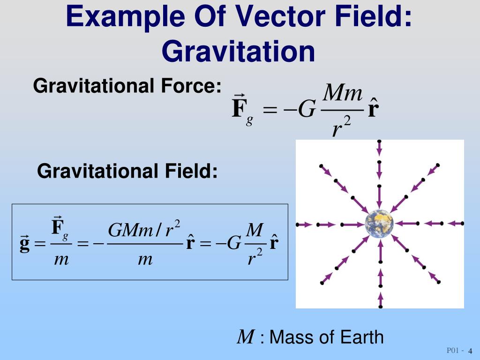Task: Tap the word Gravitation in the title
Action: [x=239, y=51]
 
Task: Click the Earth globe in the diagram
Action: [x=379, y=224]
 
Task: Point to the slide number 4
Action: [x=470, y=352]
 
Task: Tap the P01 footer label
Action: [x=453, y=351]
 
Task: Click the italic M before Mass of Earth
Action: [x=246, y=337]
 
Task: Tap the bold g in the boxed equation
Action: [x=24, y=245]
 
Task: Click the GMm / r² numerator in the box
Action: [x=144, y=230]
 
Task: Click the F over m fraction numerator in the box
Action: [x=60, y=228]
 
